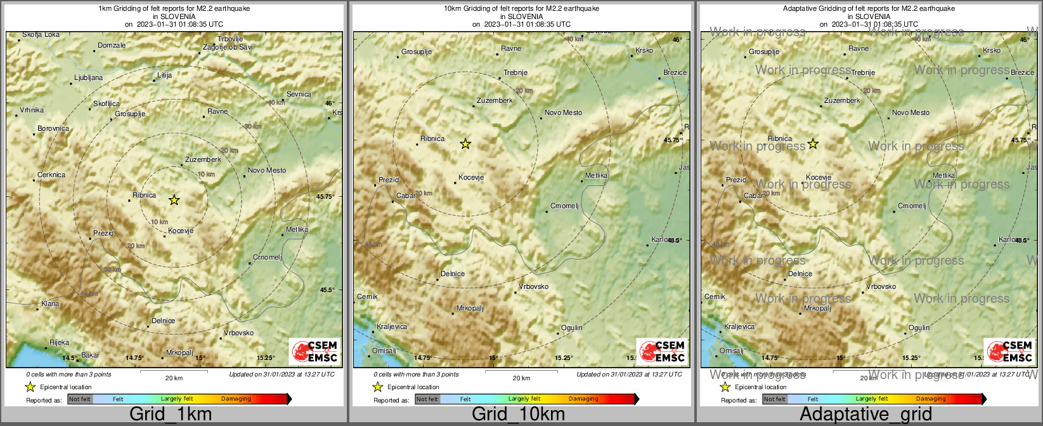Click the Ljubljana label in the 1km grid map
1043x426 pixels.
[x=88, y=78]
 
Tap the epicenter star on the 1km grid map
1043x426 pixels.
[x=174, y=200]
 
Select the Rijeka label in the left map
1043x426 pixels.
[x=60, y=343]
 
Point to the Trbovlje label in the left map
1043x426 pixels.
[x=230, y=39]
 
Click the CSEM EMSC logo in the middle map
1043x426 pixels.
[x=661, y=351]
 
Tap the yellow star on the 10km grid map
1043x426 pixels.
[x=465, y=144]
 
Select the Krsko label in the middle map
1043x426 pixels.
[x=644, y=51]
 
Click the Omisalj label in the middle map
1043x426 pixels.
[x=384, y=351]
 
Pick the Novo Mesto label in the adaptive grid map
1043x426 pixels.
[x=910, y=113]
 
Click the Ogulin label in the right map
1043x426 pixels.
[x=919, y=328]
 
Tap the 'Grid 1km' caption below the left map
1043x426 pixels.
[x=171, y=415]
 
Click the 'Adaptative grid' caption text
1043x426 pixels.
[x=865, y=415]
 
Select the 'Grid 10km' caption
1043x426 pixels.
[x=518, y=415]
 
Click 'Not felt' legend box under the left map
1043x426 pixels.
[x=80, y=399]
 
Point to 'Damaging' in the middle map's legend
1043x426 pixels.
[x=583, y=399]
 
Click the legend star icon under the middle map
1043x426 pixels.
[x=378, y=387]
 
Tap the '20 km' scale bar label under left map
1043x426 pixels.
[x=174, y=378]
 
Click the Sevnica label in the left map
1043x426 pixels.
[x=299, y=95]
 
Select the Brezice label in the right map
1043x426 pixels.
[x=1022, y=73]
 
